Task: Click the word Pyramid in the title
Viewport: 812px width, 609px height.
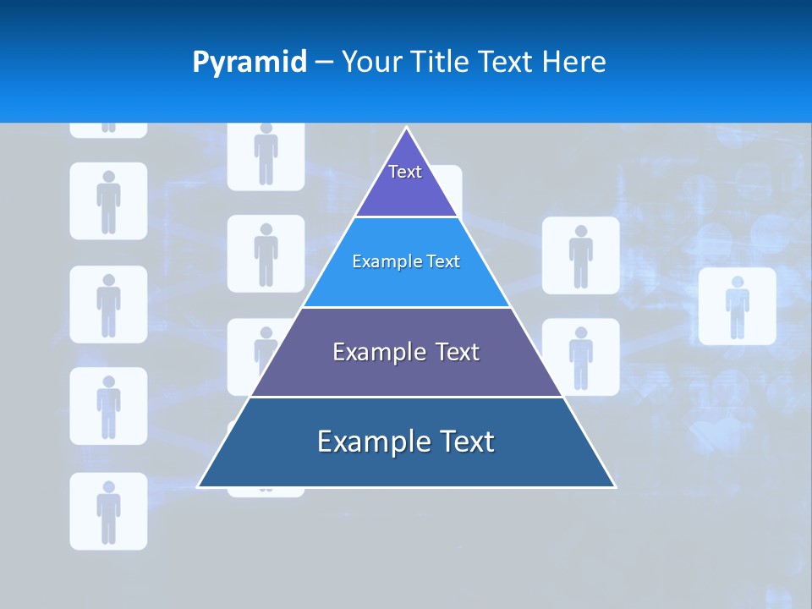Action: click(x=250, y=63)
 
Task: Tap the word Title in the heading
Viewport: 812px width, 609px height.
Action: click(x=443, y=63)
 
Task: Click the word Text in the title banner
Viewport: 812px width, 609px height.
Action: click(x=506, y=63)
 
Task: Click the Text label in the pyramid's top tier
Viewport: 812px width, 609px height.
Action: click(x=405, y=172)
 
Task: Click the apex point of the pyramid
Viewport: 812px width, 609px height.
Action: click(x=406, y=128)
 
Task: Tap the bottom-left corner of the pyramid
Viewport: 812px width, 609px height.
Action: click(x=198, y=486)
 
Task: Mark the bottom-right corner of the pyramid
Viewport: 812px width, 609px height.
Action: click(x=615, y=486)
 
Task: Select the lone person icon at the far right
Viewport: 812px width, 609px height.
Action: click(x=737, y=306)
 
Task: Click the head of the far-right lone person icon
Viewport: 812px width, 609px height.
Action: click(x=737, y=282)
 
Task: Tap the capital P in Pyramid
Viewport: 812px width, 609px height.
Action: click(x=200, y=63)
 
